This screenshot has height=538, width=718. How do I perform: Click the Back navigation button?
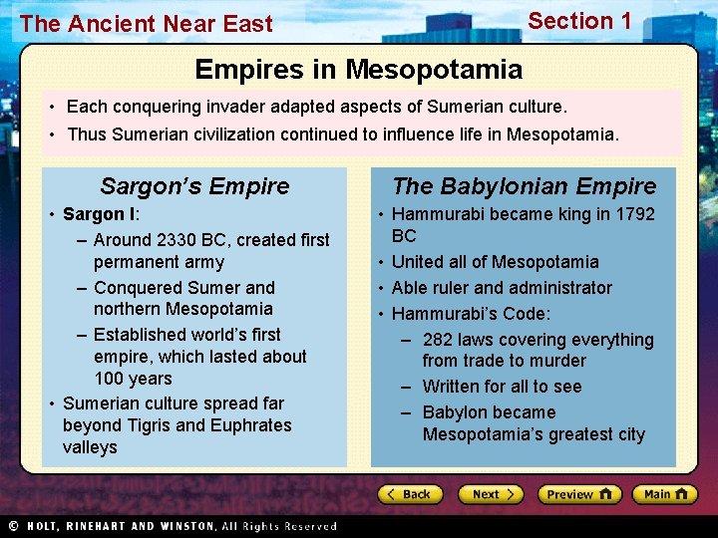409,494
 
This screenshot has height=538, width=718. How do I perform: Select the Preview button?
578,494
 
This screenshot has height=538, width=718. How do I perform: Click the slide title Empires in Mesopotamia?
358,70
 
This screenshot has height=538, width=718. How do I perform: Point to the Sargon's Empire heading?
194,186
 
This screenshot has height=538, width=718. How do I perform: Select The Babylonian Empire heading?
524,186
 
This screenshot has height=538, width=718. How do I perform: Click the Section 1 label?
579,21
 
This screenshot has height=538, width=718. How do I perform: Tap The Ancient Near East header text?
146,24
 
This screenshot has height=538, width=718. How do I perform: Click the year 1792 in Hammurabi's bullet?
635,214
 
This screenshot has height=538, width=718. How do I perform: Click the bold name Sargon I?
99,214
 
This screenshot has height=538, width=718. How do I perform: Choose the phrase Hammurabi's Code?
470,314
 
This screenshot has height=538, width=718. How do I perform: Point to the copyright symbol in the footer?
13,526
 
